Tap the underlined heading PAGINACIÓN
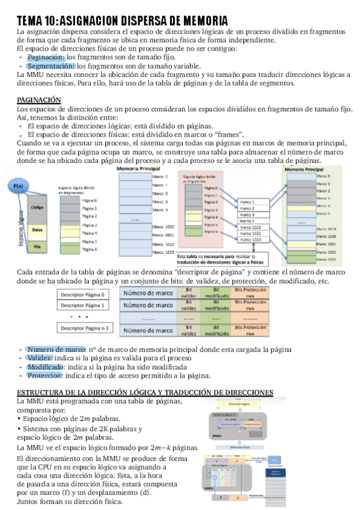click(x=38, y=99)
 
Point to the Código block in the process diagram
click(x=37, y=206)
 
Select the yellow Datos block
click(x=37, y=229)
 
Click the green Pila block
click(x=37, y=247)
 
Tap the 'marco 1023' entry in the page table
click(x=250, y=239)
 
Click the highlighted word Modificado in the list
click(x=46, y=367)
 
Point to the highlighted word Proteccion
click(x=46, y=375)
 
